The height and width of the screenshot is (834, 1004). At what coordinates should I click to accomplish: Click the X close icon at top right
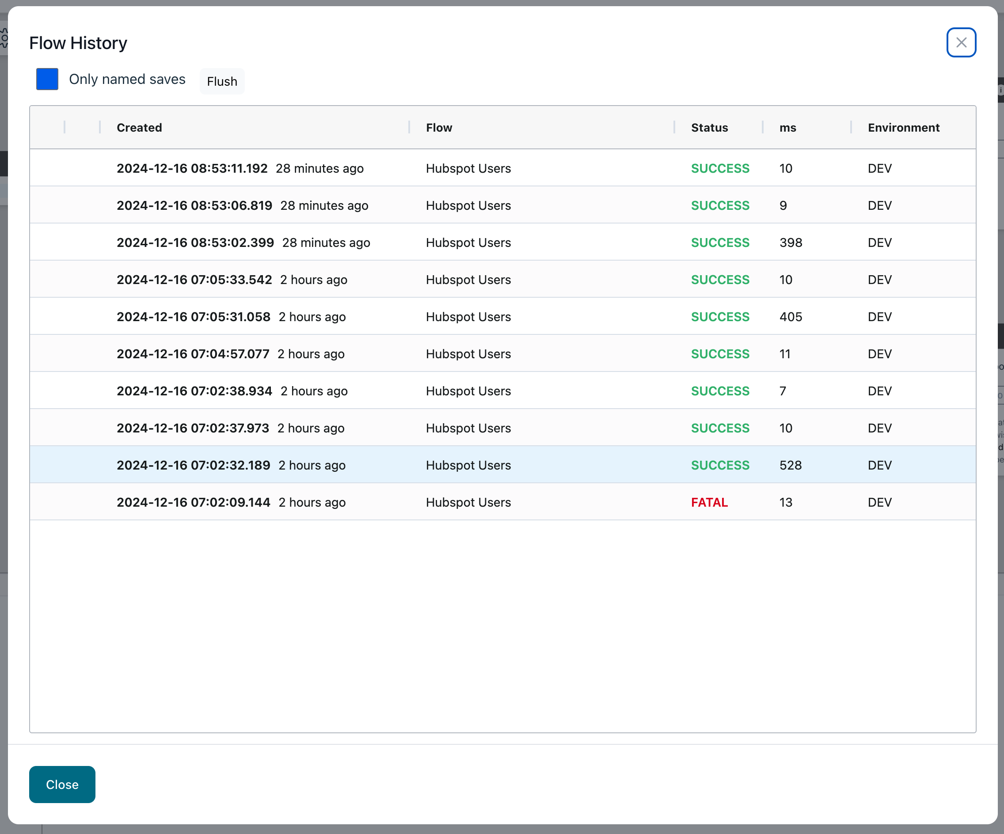961,42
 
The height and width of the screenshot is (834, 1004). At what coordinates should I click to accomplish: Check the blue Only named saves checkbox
47,79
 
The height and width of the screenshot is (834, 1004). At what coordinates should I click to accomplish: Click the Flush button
222,81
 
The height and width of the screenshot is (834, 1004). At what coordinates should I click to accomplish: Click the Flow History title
78,43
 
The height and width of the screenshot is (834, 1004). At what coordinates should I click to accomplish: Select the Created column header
139,128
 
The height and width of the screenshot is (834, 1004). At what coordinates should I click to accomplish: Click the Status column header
709,128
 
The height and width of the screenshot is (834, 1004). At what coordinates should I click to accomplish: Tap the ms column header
787,128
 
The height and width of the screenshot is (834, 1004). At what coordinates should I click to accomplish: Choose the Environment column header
903,128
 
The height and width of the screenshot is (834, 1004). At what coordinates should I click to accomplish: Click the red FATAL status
709,502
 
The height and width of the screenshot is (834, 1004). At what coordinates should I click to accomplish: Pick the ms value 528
790,465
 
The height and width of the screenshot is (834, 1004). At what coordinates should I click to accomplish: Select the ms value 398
790,243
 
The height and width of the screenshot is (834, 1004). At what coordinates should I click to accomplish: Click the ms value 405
790,316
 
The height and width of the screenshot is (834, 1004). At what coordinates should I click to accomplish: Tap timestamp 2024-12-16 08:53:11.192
192,168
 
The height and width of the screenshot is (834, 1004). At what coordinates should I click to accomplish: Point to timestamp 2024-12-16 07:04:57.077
193,354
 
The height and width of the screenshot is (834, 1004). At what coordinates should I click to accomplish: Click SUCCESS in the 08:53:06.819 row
719,205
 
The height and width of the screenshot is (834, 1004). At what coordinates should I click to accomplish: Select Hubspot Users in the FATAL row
468,502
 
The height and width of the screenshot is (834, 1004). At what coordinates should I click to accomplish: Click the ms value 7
783,391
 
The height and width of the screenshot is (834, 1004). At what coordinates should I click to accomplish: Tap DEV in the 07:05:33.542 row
879,280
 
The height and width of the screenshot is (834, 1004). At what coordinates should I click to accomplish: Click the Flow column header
438,128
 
